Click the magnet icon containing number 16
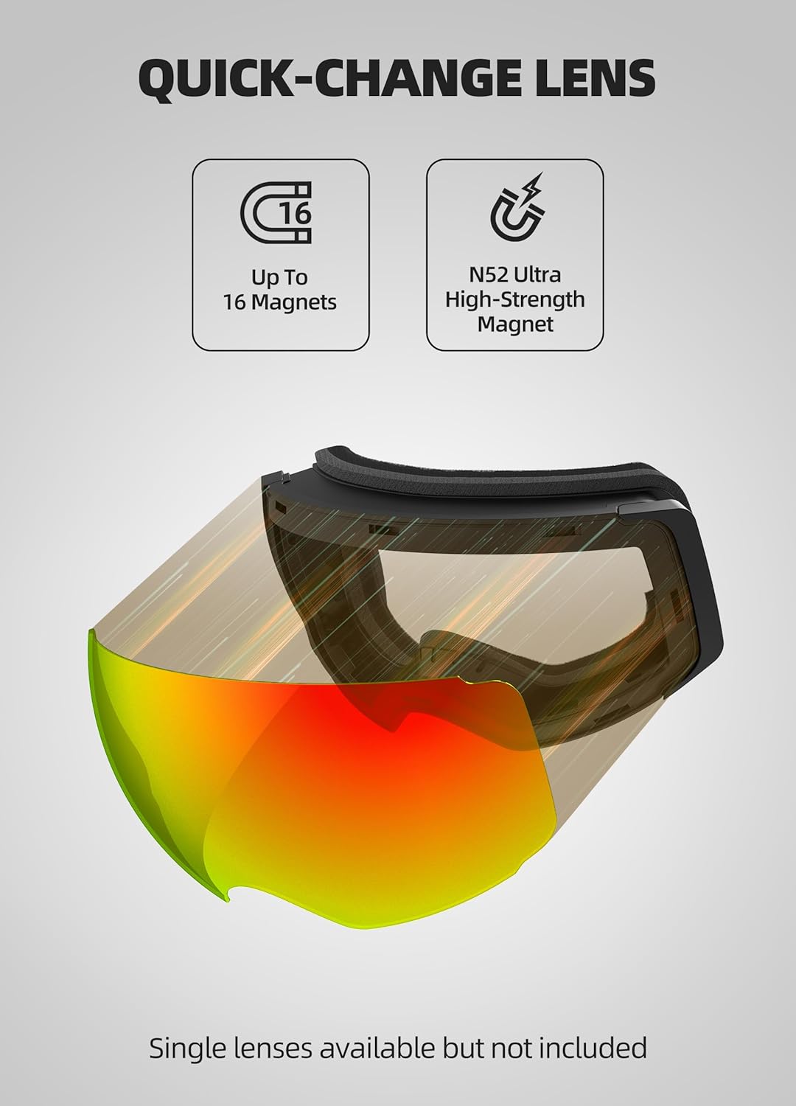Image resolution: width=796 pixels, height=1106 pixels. (276, 212)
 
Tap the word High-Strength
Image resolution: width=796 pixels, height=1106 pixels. (514, 299)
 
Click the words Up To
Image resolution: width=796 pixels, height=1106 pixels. (279, 277)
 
